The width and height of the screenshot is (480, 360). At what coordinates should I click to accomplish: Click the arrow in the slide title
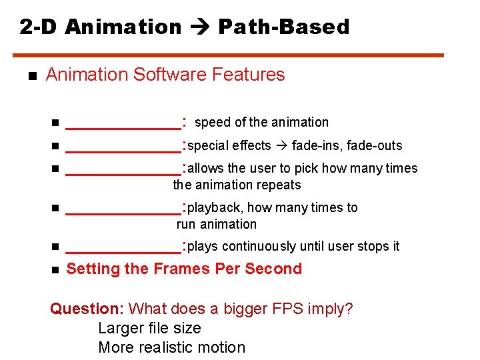(x=199, y=27)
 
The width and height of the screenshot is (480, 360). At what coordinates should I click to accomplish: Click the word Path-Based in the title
(x=283, y=27)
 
